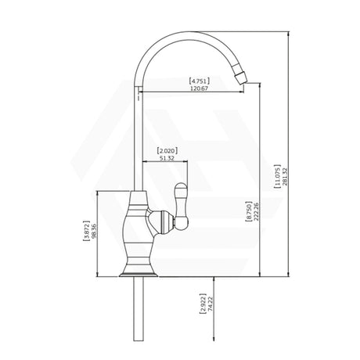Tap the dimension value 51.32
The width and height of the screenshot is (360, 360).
(x=166, y=158)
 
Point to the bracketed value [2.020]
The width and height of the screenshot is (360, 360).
(x=166, y=149)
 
